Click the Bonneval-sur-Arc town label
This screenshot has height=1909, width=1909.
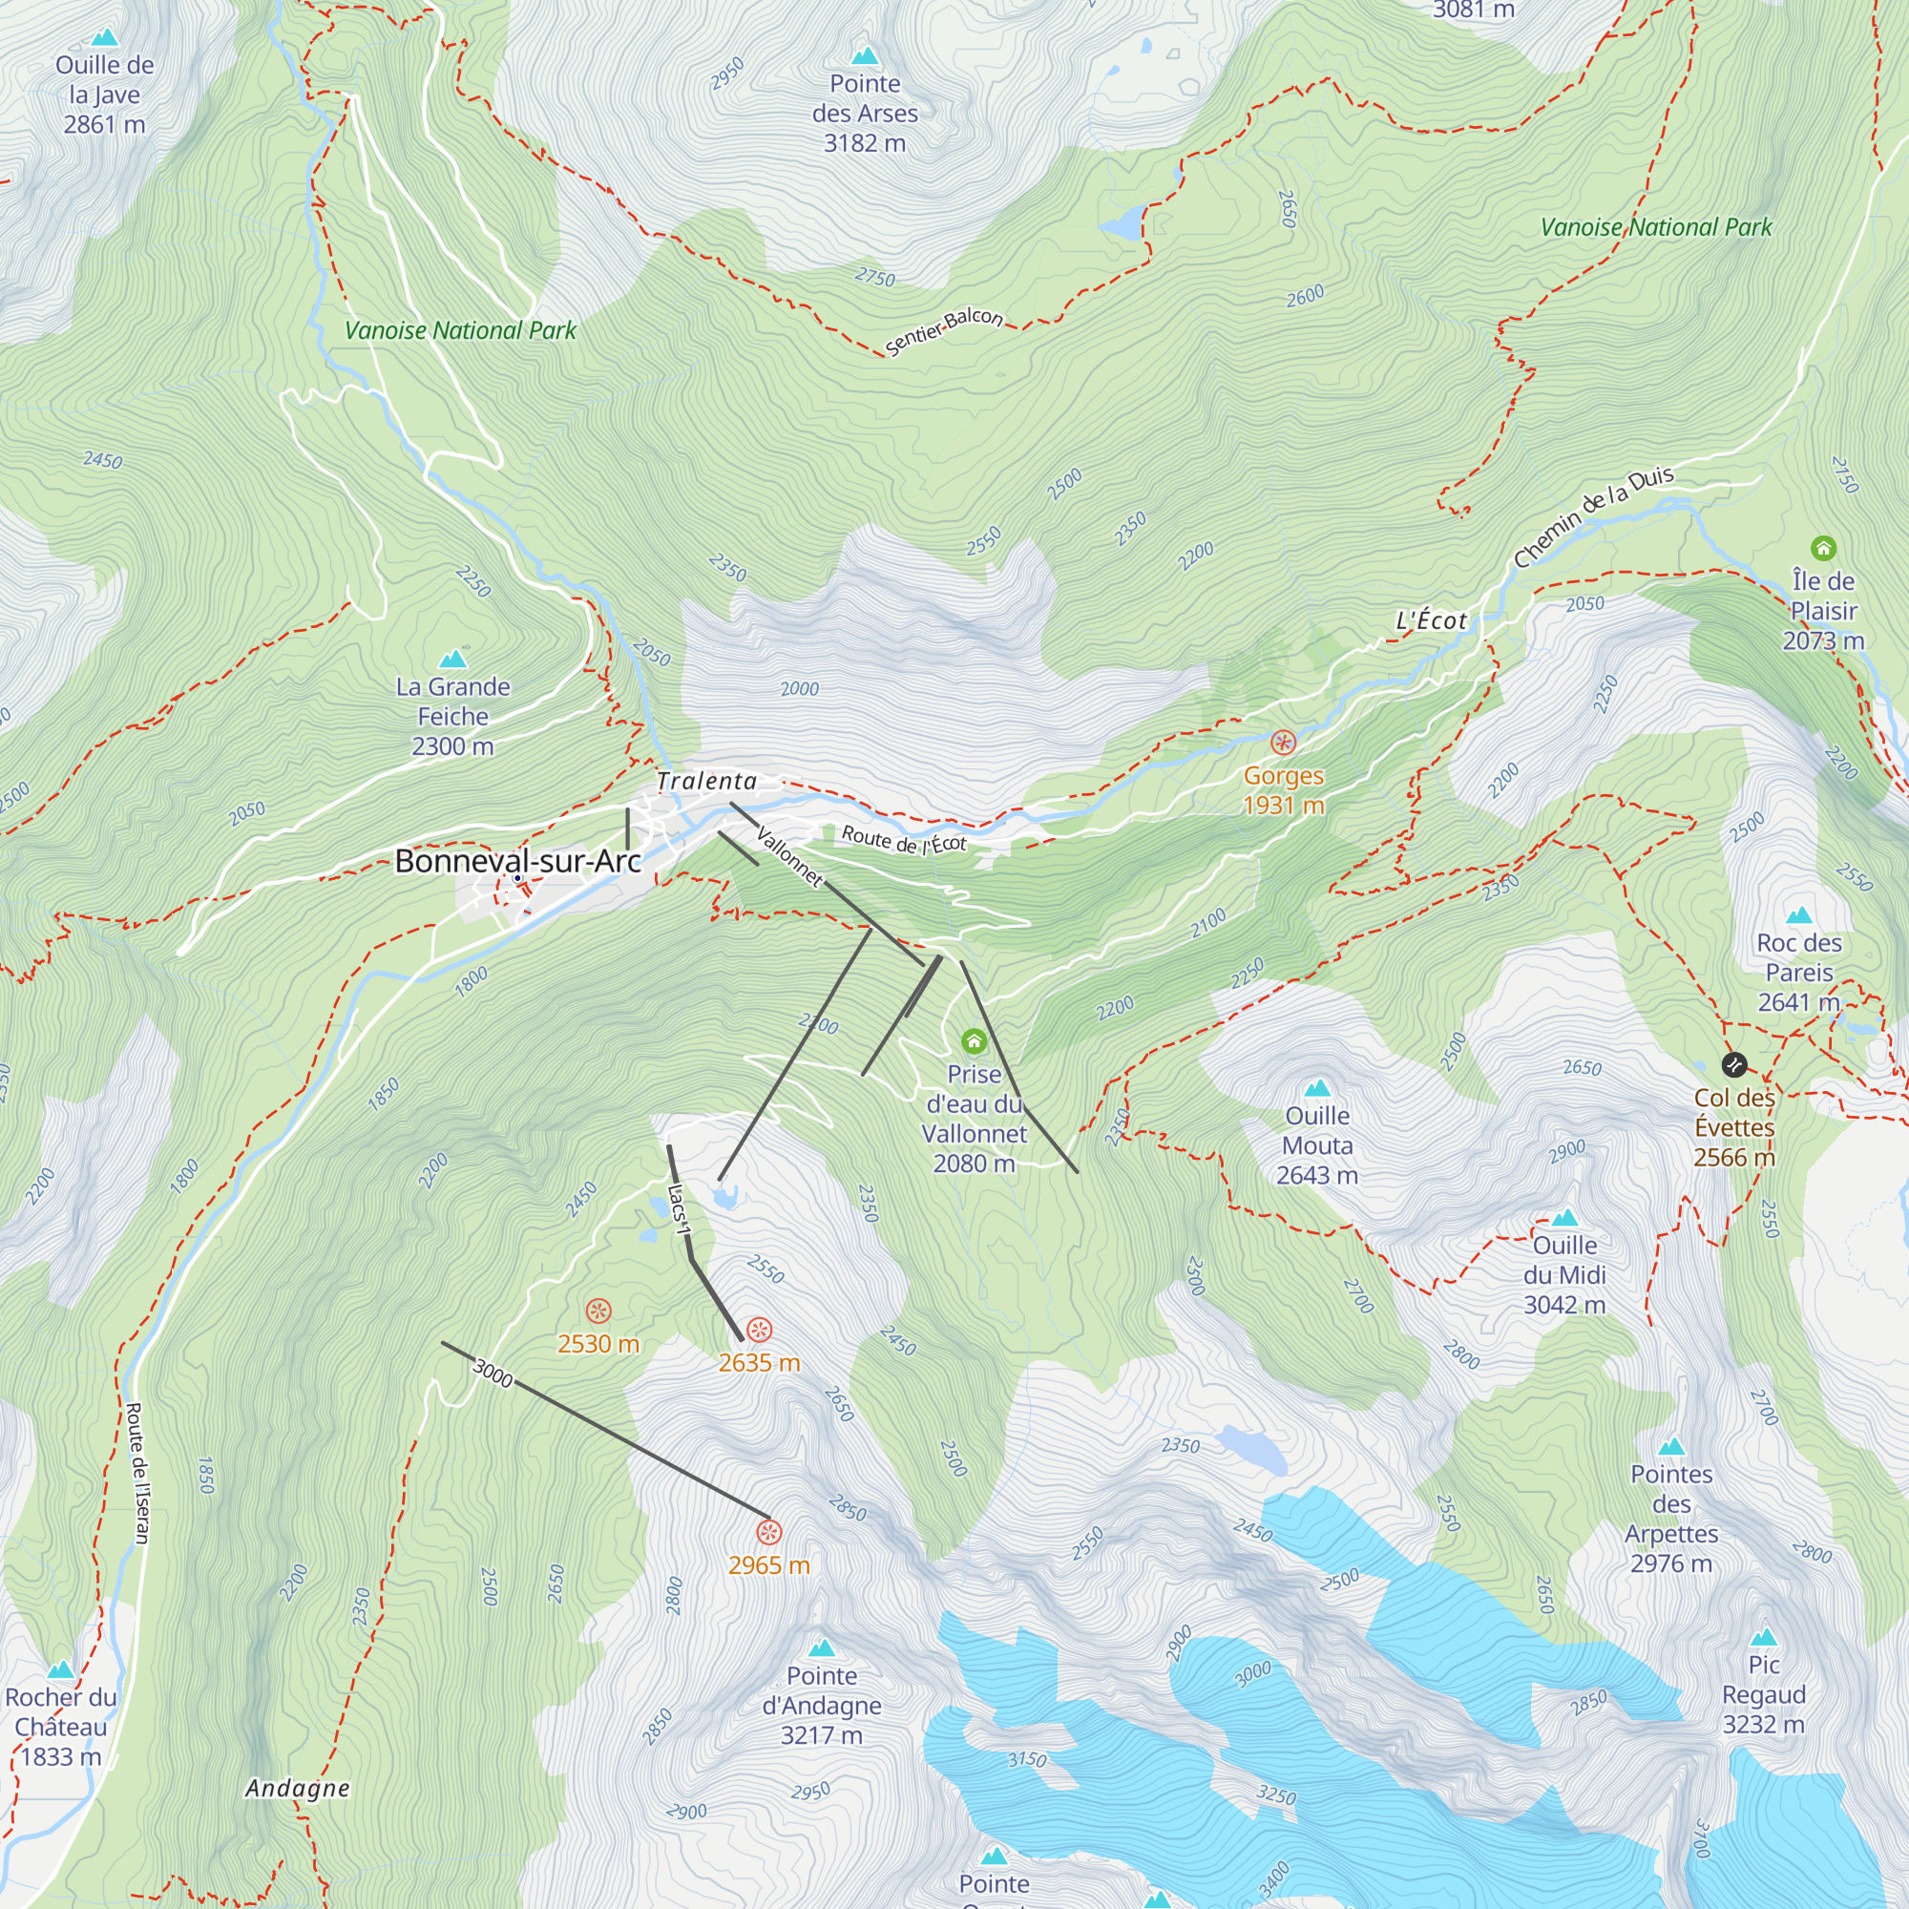[x=517, y=861]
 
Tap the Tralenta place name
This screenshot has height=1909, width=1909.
[x=706, y=782]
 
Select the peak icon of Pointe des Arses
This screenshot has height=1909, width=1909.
[x=865, y=55]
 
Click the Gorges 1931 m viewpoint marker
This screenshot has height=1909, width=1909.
[x=1283, y=742]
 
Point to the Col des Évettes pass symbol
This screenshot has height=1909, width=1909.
[x=1733, y=1064]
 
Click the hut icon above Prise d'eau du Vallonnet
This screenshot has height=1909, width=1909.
[x=974, y=1040]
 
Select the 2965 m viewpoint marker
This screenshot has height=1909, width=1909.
[x=768, y=1533]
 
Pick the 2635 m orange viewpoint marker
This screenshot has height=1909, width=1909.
[x=759, y=1330]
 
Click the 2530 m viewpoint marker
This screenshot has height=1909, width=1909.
[x=598, y=1311]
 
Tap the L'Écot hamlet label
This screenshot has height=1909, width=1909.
[x=1431, y=620]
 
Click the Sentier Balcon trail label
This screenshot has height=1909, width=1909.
[x=944, y=331]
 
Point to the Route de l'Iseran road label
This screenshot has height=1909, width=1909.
[x=137, y=1472]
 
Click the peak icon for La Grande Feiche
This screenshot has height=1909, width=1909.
[x=452, y=658]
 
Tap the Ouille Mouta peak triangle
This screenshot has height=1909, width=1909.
[x=1316, y=1088]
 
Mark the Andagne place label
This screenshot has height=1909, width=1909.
[x=298, y=1789]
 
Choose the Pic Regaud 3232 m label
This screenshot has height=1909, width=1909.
[x=1763, y=1693]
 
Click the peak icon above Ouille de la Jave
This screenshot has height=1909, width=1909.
[x=104, y=37]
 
